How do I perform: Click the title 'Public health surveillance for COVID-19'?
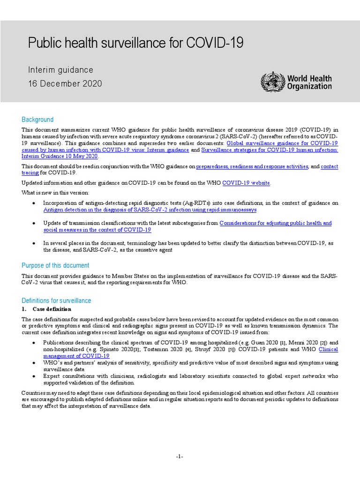coord(135,43)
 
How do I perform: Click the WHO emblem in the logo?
coord(270,82)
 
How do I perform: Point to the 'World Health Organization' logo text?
coord(309,82)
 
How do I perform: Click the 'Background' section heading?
coord(37,120)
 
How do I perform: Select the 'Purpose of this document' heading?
coord(55,265)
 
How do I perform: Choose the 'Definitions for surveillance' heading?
coord(56,300)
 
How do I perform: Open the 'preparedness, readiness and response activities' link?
coord(252,166)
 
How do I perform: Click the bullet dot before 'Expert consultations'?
coord(33,376)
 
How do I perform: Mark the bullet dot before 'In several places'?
coord(33,243)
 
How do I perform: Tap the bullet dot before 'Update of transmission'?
coord(33,224)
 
